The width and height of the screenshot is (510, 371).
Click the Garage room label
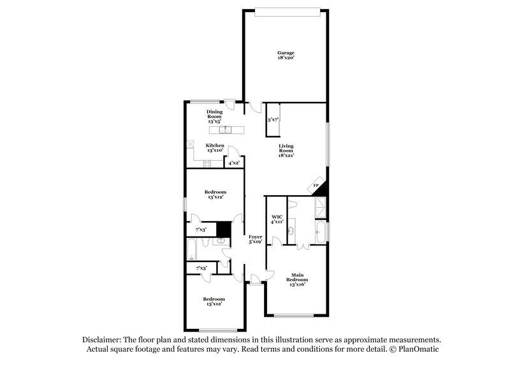(x=286, y=52)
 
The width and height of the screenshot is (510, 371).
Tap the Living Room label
(x=286, y=150)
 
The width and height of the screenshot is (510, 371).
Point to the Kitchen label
(x=214, y=145)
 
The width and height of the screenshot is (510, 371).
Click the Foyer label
(x=255, y=236)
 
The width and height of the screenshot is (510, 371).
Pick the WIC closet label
(x=277, y=217)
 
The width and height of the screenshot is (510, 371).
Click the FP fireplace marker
(x=316, y=187)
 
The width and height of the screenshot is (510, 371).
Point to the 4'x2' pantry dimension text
(x=234, y=164)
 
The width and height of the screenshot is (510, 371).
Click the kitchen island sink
(x=226, y=130)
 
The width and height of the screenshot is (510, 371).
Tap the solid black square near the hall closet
(x=223, y=228)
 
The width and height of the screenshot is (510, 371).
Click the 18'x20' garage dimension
(x=286, y=58)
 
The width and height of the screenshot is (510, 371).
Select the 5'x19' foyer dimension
(x=255, y=242)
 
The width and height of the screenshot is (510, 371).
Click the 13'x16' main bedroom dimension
(x=297, y=285)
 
